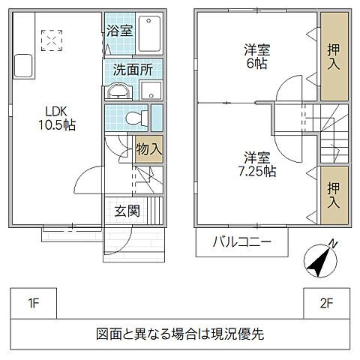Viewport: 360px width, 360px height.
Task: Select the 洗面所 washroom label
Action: (x=133, y=70)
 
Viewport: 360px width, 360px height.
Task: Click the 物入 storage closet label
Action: (x=149, y=148)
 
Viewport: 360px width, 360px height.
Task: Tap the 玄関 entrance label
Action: (x=127, y=210)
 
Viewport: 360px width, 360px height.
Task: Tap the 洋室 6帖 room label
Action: (x=256, y=56)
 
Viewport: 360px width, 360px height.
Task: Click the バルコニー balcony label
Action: (x=241, y=241)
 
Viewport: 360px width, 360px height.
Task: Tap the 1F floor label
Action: (x=33, y=304)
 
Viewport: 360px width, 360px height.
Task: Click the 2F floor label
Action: (x=325, y=304)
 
